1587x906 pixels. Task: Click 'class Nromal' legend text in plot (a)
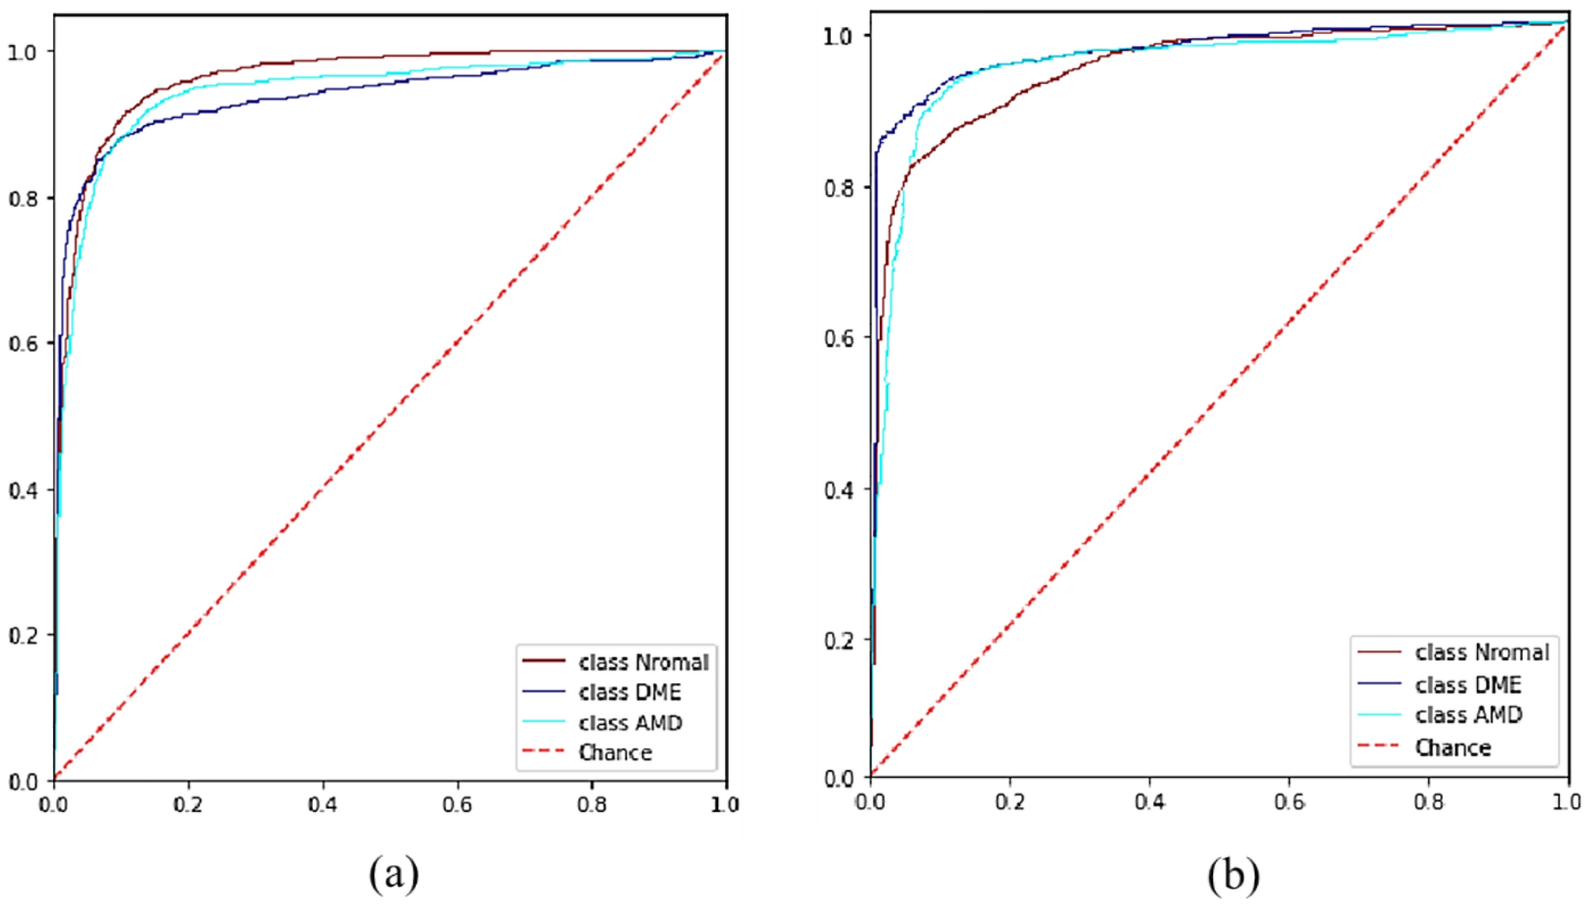point(643,662)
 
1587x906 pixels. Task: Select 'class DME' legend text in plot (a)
point(629,693)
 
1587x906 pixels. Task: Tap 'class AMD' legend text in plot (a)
point(630,723)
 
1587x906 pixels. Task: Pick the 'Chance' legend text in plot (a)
point(615,753)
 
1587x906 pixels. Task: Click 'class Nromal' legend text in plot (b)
point(1481,652)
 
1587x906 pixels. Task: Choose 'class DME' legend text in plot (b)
point(1468,685)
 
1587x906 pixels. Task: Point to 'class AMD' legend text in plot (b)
point(1468,715)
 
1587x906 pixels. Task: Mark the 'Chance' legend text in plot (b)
point(1453,748)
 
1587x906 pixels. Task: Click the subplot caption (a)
point(393,874)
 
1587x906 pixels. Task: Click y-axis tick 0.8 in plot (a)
point(23,198)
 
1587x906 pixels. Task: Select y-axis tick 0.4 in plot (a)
point(23,490)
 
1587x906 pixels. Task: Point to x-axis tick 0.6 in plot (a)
point(457,805)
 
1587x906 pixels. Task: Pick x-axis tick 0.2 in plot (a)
point(188,805)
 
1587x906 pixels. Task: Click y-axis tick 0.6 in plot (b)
point(839,338)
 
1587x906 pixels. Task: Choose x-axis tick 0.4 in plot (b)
point(1149,802)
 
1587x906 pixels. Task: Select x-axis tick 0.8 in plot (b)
point(1428,802)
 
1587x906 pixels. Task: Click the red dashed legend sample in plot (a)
point(544,751)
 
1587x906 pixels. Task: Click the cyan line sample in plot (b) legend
point(1379,715)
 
